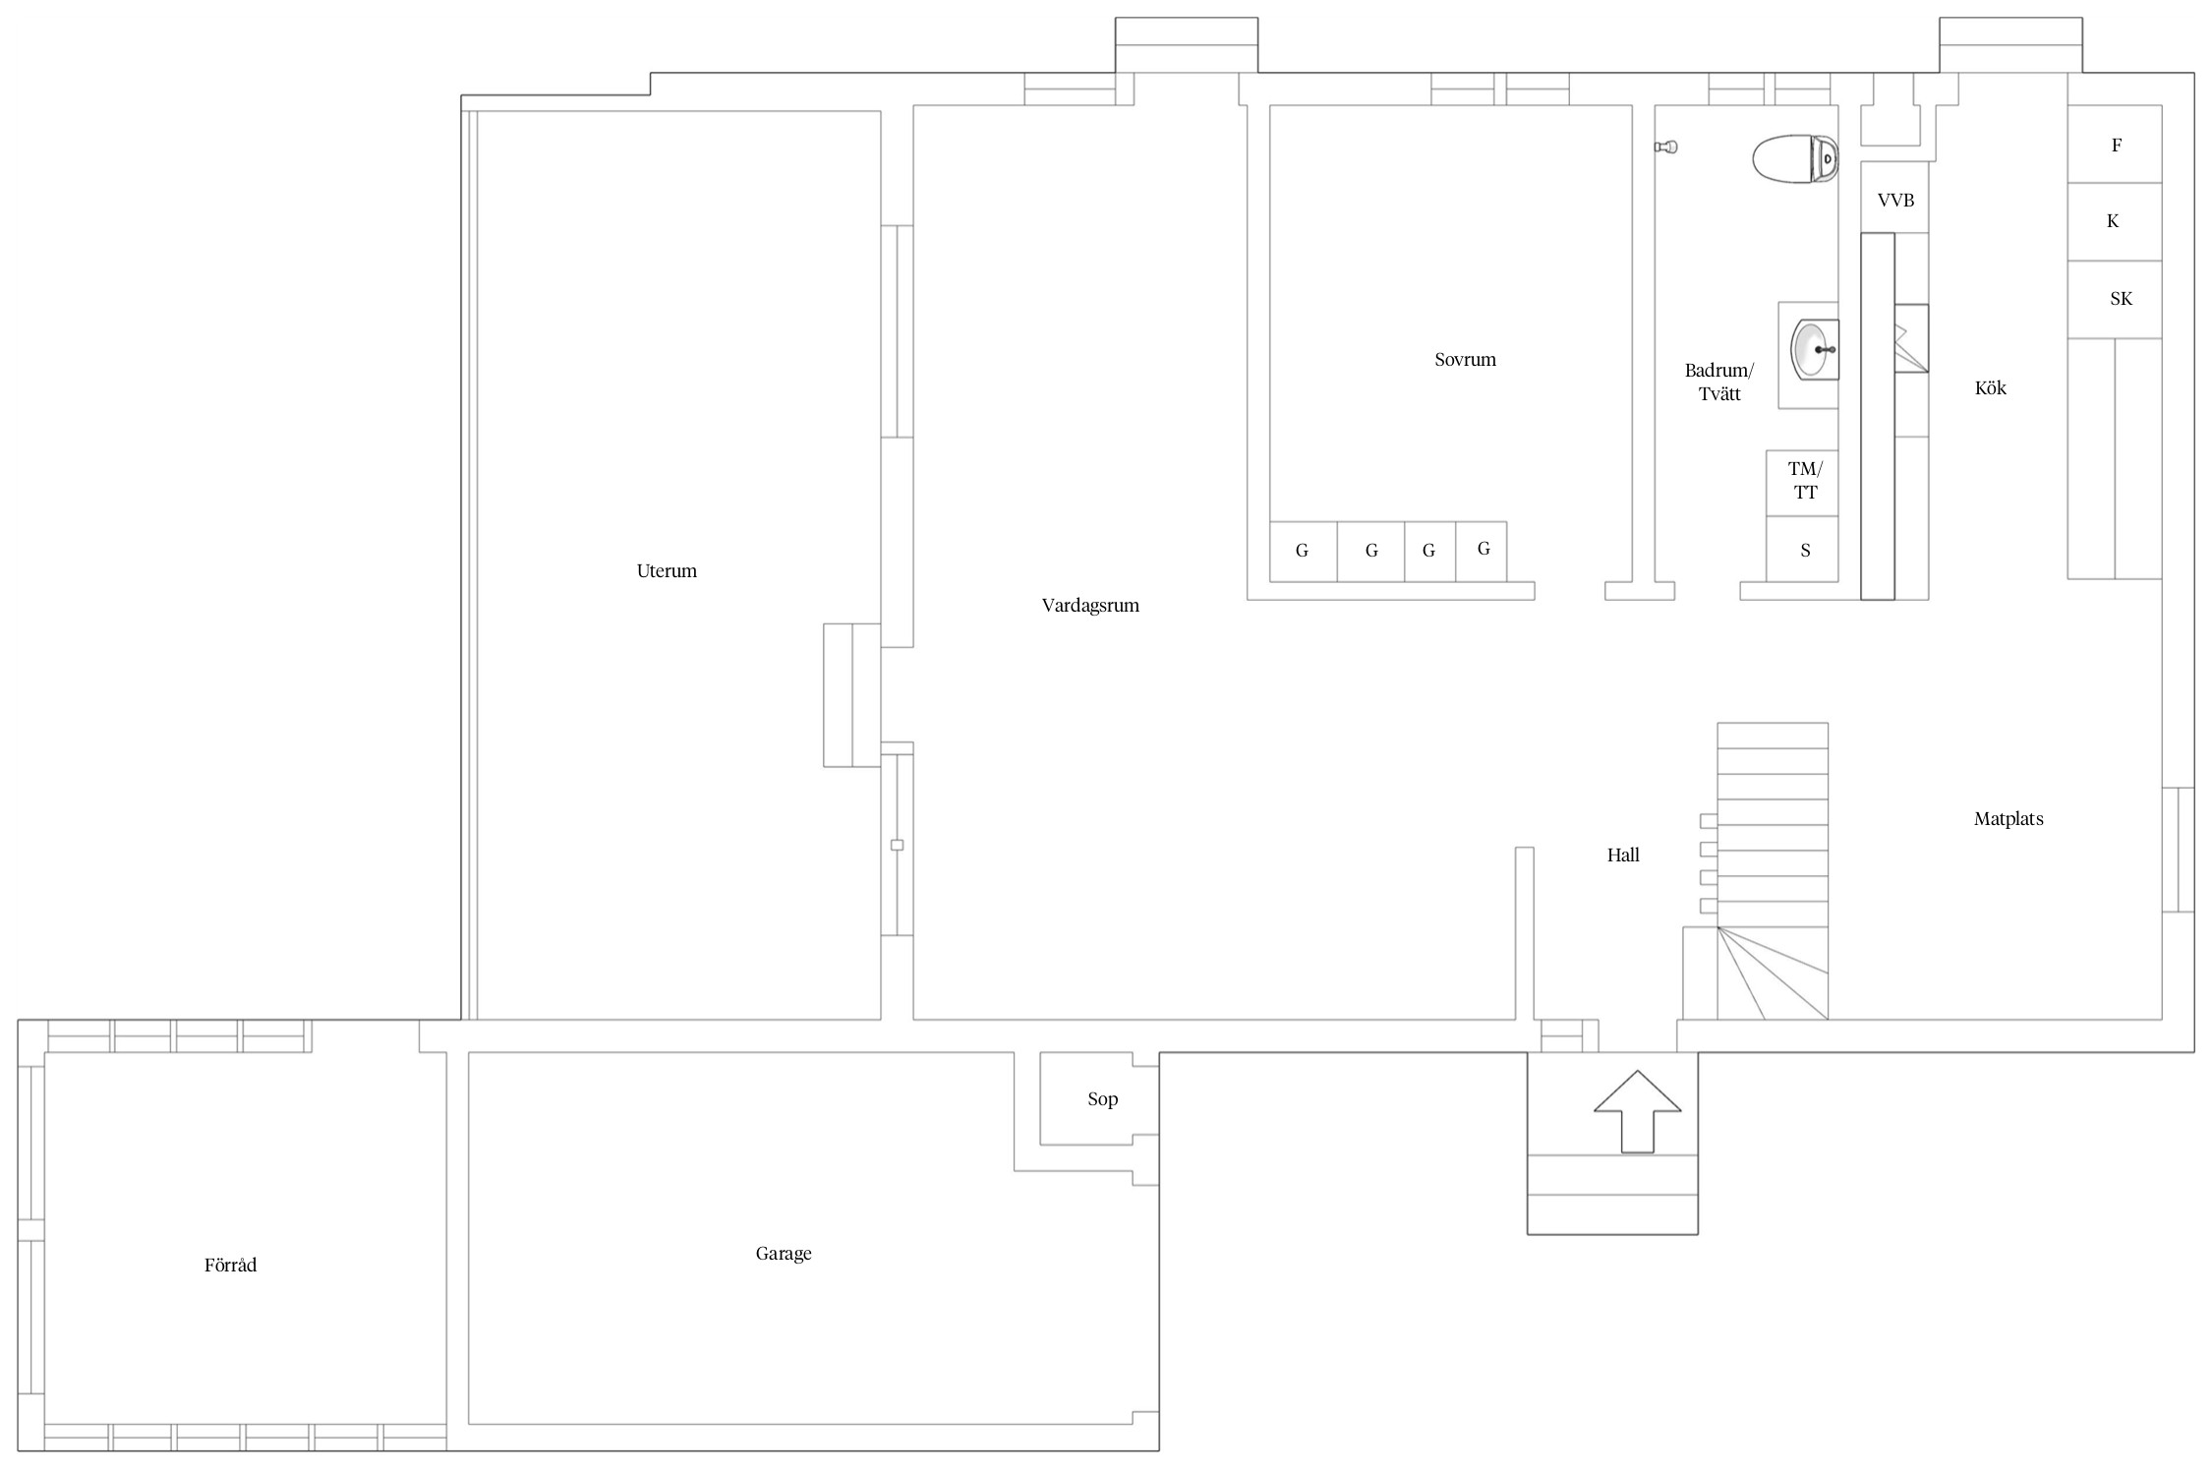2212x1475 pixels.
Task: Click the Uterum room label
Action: click(x=667, y=570)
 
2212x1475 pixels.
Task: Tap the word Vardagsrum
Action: click(x=1090, y=606)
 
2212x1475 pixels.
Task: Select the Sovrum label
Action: click(x=1465, y=360)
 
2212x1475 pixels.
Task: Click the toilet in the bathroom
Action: click(x=1795, y=159)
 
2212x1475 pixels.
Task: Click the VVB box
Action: click(x=1894, y=197)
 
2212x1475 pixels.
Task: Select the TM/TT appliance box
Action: click(x=1802, y=483)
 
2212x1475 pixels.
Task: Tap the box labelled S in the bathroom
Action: click(x=1802, y=549)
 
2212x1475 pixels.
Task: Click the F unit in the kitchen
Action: click(x=2115, y=145)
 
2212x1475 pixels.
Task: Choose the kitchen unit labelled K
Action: click(x=2115, y=222)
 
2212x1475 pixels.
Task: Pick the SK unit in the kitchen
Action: click(x=2115, y=300)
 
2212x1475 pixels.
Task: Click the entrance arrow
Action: click(x=1637, y=1111)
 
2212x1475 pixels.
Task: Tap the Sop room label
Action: click(x=1102, y=1099)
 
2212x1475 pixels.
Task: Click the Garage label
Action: click(x=784, y=1254)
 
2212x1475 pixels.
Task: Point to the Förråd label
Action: click(x=230, y=1265)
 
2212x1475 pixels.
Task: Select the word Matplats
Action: click(x=2008, y=819)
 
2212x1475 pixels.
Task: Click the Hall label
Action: click(x=1623, y=855)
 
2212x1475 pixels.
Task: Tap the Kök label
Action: click(x=1990, y=387)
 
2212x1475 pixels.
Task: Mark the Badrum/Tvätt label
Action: click(x=1718, y=383)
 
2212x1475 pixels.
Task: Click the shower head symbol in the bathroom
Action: click(x=1665, y=147)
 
